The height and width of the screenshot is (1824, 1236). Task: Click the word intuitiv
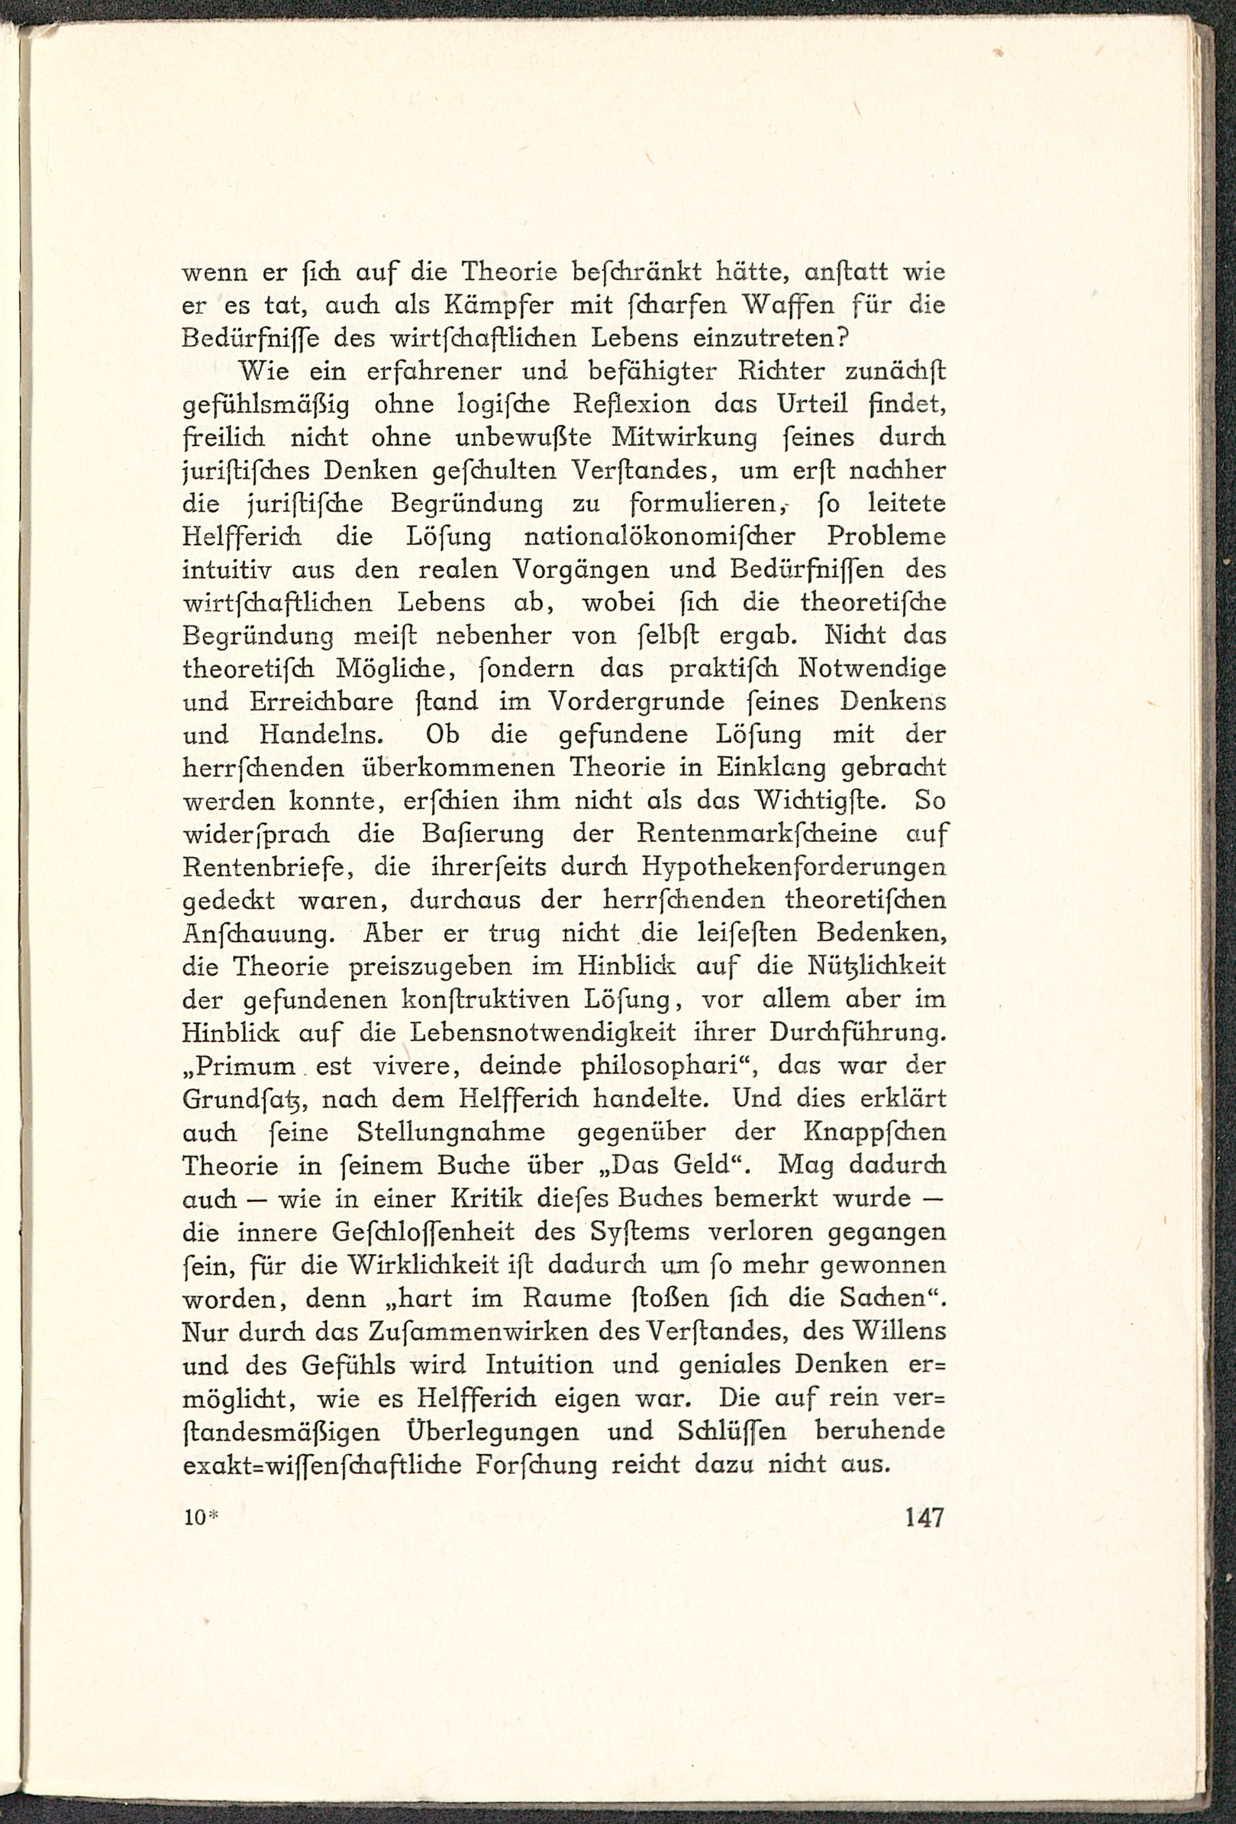tap(228, 570)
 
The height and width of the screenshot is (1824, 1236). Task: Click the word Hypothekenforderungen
tap(793, 867)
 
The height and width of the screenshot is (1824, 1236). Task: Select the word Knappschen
tap(874, 1133)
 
